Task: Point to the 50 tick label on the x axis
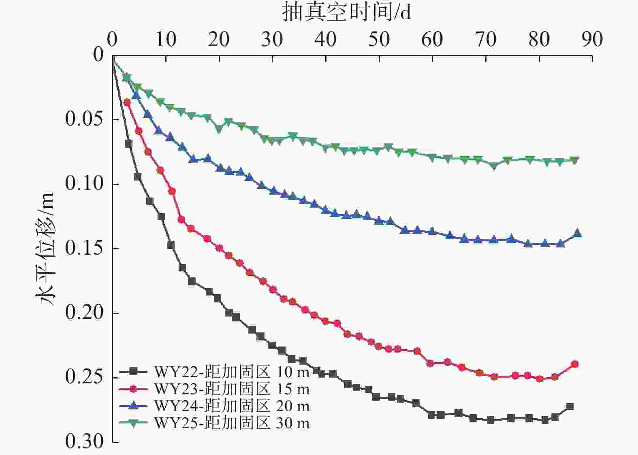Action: tap(379, 39)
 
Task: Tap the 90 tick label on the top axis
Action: tap(592, 39)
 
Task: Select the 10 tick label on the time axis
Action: tap(166, 39)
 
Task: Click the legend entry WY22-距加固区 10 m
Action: tap(215, 371)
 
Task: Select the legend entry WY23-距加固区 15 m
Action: tap(215, 389)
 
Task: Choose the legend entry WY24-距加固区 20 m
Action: tap(215, 406)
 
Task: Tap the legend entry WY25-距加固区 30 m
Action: tap(215, 423)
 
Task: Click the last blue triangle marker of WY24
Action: tap(577, 233)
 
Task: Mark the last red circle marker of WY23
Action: tap(575, 364)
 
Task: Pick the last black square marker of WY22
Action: tap(570, 406)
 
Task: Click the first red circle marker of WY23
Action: tap(127, 102)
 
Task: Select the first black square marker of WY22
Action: tap(129, 144)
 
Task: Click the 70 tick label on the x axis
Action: tap(486, 39)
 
